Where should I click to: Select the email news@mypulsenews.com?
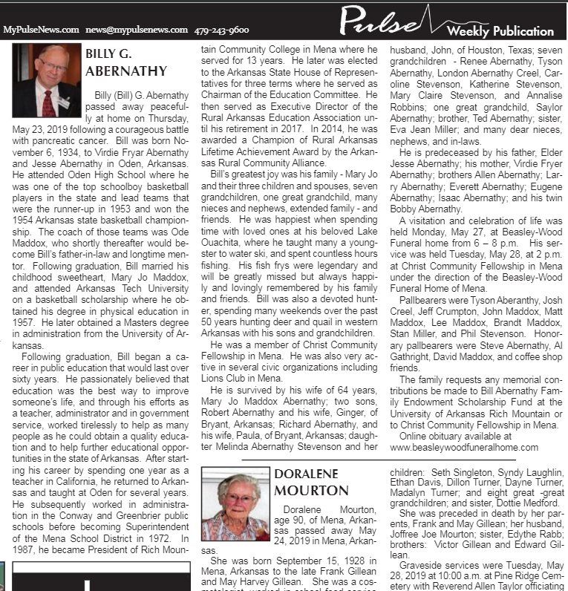(137, 30)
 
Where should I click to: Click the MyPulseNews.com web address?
(41, 30)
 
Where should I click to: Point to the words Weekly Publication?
(500, 31)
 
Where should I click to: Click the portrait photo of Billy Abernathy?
(46, 80)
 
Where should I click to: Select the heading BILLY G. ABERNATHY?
(126, 62)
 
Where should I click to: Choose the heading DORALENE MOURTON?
(311, 483)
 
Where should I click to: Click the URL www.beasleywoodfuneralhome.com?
(464, 447)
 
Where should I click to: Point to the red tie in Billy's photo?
(49, 102)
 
